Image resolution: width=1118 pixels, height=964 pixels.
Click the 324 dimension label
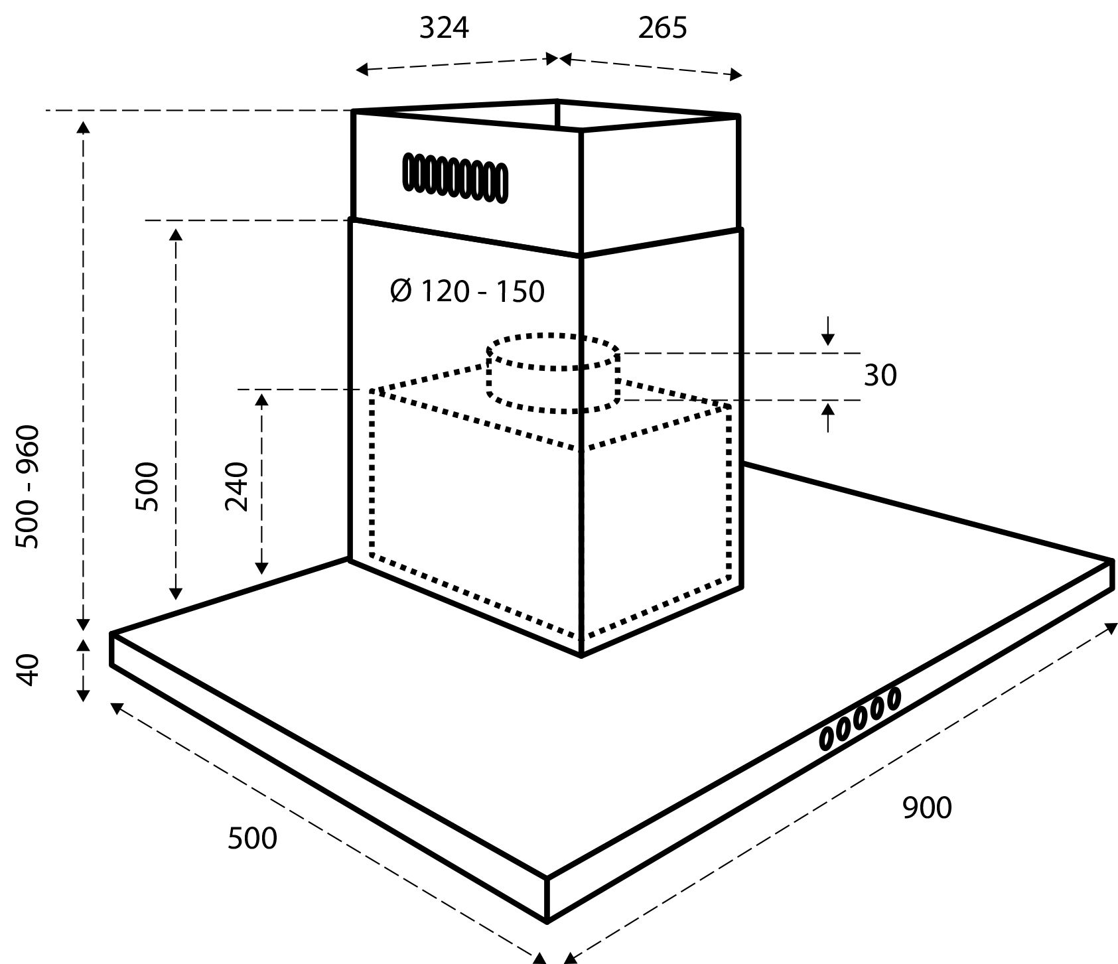(444, 28)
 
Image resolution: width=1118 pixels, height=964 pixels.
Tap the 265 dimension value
(663, 28)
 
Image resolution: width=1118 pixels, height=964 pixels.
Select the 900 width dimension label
(927, 807)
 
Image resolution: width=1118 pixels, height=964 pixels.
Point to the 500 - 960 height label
(29, 487)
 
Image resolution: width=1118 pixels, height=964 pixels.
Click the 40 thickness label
(29, 671)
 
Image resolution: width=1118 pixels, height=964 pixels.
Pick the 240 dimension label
(237, 486)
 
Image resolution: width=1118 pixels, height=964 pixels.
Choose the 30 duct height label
(880, 376)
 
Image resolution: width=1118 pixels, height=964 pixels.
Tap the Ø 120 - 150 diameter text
(468, 291)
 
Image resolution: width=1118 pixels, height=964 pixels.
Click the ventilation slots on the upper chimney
(455, 177)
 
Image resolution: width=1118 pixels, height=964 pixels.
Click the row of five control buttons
(860, 719)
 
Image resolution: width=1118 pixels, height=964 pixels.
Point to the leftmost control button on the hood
(828, 738)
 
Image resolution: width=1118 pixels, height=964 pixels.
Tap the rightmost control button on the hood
(893, 699)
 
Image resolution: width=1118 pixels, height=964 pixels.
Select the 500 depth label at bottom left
(252, 839)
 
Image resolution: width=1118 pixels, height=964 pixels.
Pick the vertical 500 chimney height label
(147, 486)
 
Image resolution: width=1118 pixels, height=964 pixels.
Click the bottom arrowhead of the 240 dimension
(261, 567)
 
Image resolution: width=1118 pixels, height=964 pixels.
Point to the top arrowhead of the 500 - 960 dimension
(83, 127)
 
